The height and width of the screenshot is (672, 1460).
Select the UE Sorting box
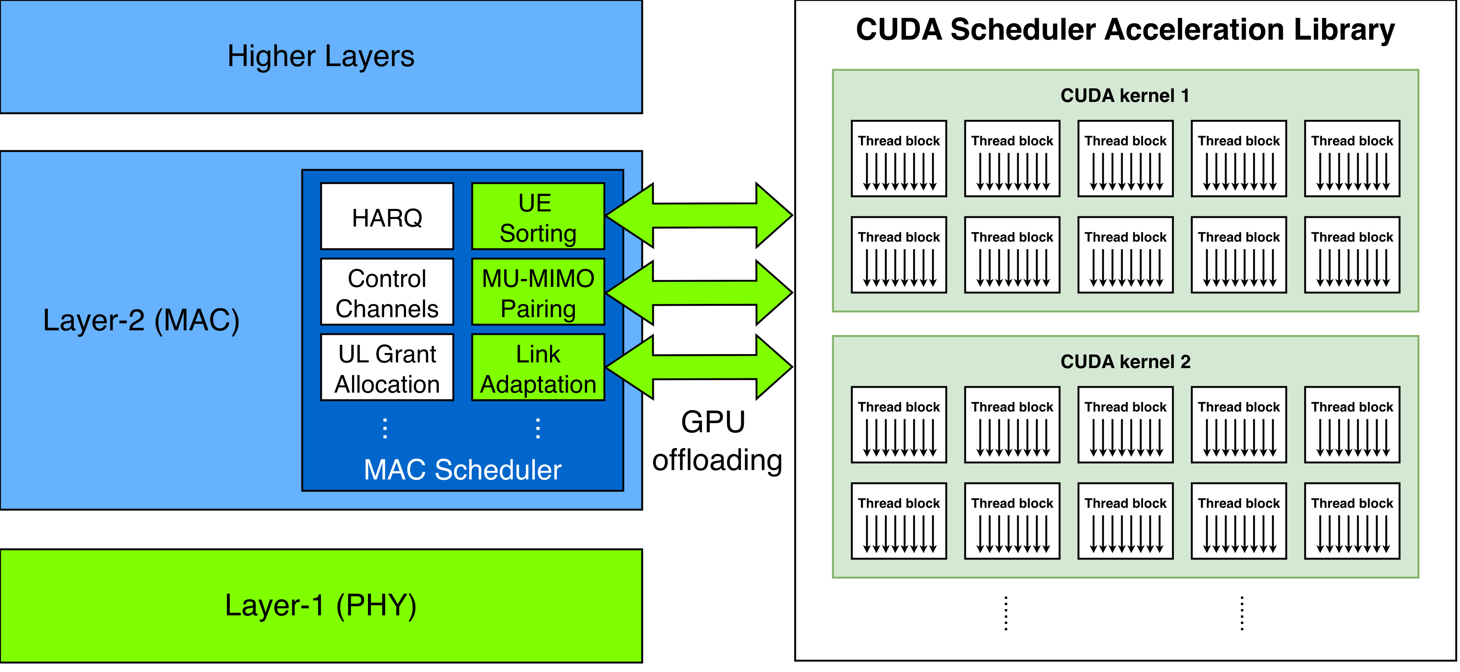[x=538, y=216]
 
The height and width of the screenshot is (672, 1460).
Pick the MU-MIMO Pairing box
[x=538, y=292]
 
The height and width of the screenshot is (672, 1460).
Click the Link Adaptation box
[x=538, y=367]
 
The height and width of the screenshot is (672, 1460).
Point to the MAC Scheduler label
[x=462, y=470]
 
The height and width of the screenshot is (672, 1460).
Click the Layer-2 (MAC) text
[x=141, y=320]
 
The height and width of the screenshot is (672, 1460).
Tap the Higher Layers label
[x=321, y=56]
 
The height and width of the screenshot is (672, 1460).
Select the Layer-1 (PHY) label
[x=321, y=605]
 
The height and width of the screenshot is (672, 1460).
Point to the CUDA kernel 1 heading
[x=1125, y=95]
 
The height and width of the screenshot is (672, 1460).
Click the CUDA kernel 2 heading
[x=1125, y=362]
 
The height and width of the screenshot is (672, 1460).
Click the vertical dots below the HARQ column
[x=385, y=428]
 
